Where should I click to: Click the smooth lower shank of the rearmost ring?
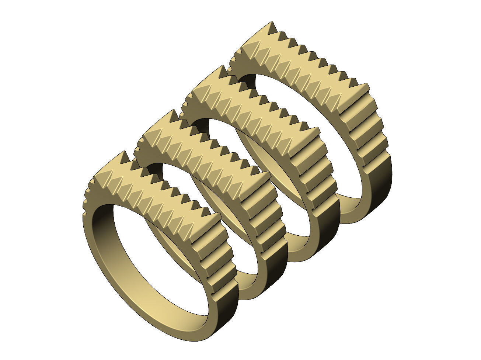372,195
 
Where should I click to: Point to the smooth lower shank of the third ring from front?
321,240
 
